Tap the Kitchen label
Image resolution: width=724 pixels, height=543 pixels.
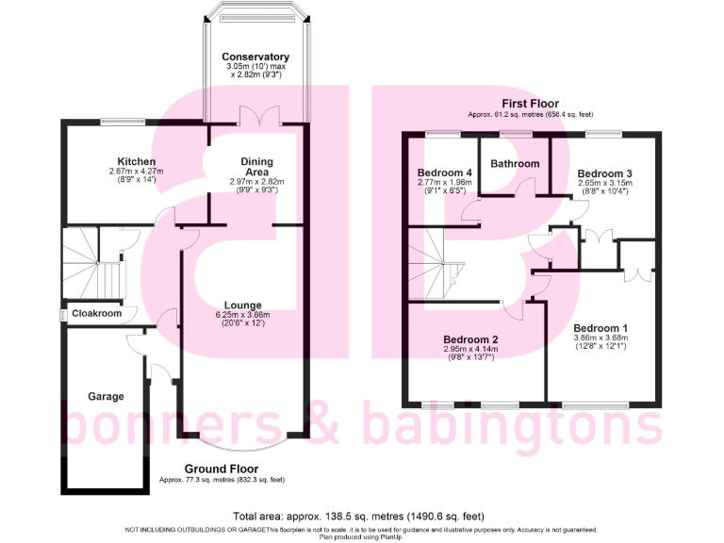click(137, 161)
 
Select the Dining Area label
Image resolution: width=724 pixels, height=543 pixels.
click(256, 166)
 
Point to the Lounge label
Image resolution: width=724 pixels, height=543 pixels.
click(242, 304)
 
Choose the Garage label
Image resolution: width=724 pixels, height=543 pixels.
click(106, 397)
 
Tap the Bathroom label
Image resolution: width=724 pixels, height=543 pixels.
click(515, 164)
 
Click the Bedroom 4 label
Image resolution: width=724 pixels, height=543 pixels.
click(444, 173)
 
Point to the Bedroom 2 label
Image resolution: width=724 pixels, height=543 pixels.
click(475, 339)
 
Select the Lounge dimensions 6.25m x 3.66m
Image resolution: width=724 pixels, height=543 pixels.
click(242, 315)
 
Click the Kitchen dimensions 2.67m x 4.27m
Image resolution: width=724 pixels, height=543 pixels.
click(137, 172)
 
